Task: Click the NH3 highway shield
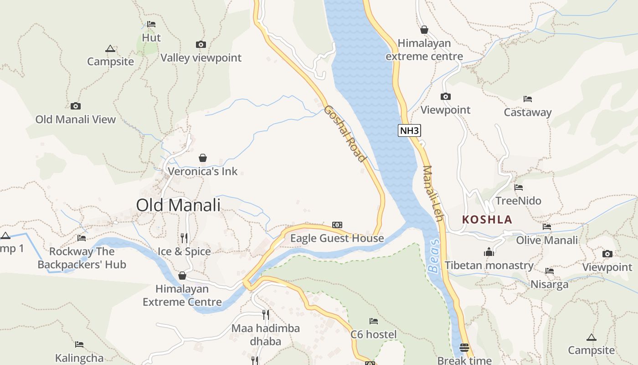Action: coord(409,131)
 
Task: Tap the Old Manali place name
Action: coord(178,205)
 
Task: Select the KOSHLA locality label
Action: coord(487,219)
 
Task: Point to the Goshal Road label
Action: coord(345,134)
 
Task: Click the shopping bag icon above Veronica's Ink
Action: coord(203,158)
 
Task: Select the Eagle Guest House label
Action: coord(337,238)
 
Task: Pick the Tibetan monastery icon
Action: coord(489,252)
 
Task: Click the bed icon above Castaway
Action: coord(528,99)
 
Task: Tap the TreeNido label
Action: coord(518,201)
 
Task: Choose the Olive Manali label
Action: coord(547,240)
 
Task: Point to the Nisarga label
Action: coord(550,285)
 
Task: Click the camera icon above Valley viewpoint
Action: coord(201,44)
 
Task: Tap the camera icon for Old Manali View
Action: coord(76,106)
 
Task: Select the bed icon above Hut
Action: coord(151,24)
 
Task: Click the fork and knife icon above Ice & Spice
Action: coord(184,238)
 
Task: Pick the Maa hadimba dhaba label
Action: coord(266,334)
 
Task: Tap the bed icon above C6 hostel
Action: coord(374,321)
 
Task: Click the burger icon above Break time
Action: coord(464,347)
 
